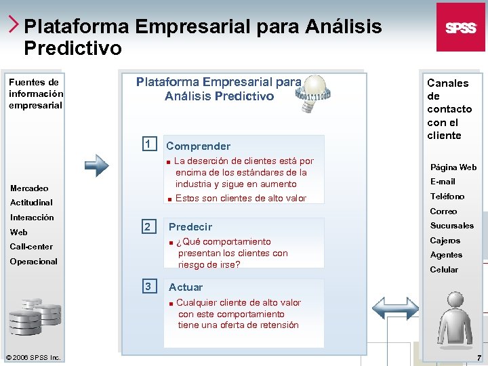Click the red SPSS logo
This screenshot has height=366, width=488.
pyautogui.click(x=460, y=27)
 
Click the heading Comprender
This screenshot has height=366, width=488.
pyautogui.click(x=198, y=146)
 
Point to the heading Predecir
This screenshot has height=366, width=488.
pyautogui.click(x=190, y=227)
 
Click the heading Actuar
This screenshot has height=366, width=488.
pyautogui.click(x=186, y=287)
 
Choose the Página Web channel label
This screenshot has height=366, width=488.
pyautogui.click(x=453, y=167)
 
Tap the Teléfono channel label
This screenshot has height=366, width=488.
pyautogui.click(x=447, y=197)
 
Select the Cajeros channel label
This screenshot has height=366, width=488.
pyautogui.click(x=445, y=241)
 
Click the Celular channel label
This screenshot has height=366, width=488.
pyautogui.click(x=444, y=270)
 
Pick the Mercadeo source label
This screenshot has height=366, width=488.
pyautogui.click(x=29, y=188)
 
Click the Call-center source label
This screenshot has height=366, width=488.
pyautogui.click(x=31, y=247)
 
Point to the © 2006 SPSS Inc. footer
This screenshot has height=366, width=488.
pyautogui.click(x=33, y=357)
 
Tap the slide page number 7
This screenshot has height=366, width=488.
pyautogui.click(x=479, y=357)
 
